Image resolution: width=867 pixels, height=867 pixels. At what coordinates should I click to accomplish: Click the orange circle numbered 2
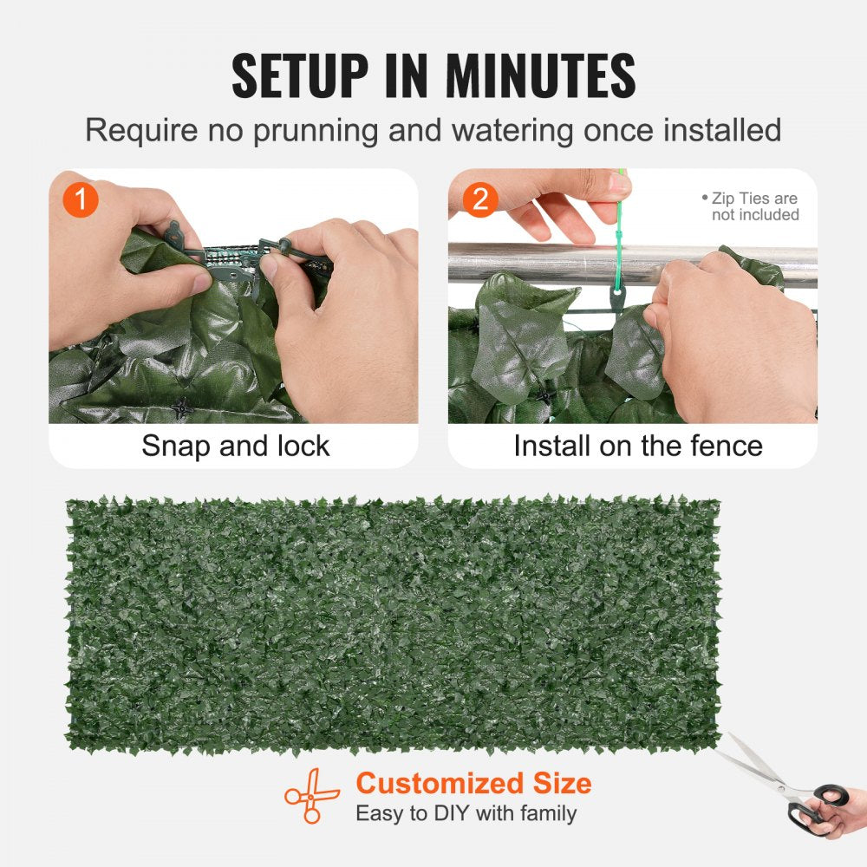click(x=480, y=200)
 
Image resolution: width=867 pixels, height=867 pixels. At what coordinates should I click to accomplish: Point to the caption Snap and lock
click(x=235, y=446)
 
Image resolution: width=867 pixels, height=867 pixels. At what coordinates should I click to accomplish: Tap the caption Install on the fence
click(x=637, y=446)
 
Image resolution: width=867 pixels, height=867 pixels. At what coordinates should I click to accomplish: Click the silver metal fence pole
click(x=538, y=262)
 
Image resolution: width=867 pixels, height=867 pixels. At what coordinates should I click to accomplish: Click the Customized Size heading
click(x=473, y=784)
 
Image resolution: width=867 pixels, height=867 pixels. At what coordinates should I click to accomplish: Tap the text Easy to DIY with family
click(x=466, y=813)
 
